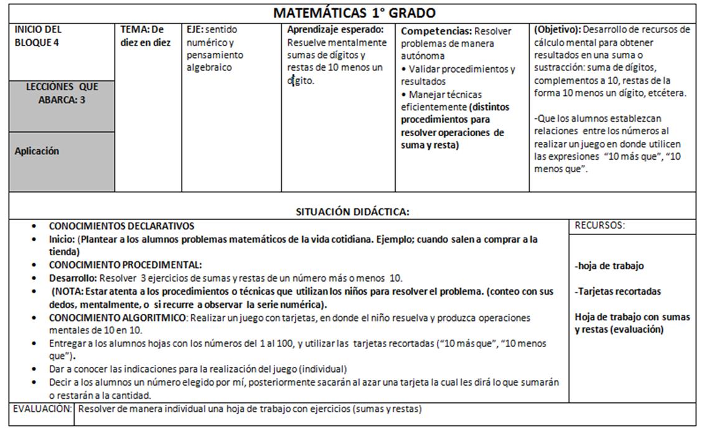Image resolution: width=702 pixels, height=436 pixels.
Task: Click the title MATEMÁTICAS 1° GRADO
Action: pos(354,13)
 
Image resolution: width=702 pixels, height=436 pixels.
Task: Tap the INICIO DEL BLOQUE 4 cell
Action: pos(39,36)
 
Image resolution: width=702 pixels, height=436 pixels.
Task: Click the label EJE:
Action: pos(195,29)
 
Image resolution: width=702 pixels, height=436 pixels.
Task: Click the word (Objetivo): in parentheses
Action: pos(557,29)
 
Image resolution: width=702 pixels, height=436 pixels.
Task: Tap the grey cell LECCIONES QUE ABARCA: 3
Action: pos(62,93)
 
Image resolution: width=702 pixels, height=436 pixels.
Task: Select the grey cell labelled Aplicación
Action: pos(37,151)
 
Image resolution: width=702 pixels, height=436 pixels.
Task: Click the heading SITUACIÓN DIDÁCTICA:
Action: pos(352,211)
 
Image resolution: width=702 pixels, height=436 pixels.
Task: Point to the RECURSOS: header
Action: pos(599,226)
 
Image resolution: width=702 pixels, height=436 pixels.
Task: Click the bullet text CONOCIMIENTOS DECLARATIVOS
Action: pos(121,226)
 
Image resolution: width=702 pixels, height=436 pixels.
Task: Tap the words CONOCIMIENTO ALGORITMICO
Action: pos(118,318)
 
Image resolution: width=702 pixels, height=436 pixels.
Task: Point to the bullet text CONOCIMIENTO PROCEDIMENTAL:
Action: pos(125,265)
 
